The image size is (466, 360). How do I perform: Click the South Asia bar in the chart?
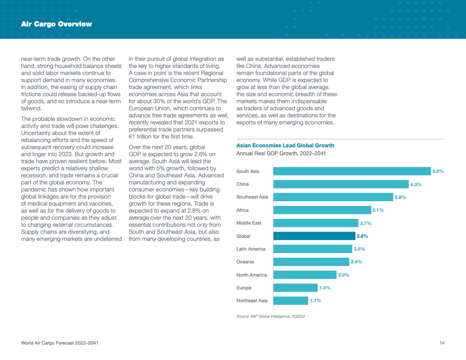352,171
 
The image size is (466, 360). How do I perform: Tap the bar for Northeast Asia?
291,300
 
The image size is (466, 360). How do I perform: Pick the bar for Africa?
322,210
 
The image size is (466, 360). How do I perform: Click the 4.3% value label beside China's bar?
416,184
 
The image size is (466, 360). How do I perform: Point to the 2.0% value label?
343,275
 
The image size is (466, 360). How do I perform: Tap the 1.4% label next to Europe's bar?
325,288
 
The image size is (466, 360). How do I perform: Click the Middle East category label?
249,223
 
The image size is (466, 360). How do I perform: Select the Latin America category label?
251,249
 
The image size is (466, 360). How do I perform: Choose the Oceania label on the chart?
245,262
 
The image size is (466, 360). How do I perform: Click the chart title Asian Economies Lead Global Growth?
285,146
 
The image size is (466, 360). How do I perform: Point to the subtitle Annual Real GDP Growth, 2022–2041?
281,154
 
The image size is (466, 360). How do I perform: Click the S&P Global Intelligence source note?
271,316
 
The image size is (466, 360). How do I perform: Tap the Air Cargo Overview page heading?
56,24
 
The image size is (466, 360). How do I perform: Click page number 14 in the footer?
442,343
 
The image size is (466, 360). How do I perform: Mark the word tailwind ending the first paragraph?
31,108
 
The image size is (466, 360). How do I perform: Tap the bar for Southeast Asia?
333,197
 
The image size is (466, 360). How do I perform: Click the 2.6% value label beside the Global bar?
362,236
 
